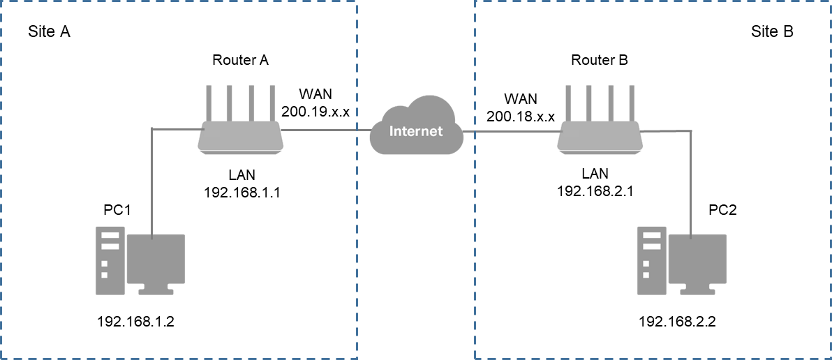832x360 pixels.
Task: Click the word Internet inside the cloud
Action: [416, 131]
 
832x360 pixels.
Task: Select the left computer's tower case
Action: [110, 260]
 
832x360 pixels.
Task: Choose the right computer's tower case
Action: [652, 260]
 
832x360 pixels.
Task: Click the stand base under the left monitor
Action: [156, 292]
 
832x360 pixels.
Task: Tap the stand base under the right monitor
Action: [697, 292]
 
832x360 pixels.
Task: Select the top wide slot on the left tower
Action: [110, 235]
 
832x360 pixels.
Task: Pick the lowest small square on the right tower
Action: [646, 275]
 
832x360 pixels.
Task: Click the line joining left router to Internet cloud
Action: [325, 130]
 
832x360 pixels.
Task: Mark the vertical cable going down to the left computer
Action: [152, 181]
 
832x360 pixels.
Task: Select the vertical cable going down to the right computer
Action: [691, 181]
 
